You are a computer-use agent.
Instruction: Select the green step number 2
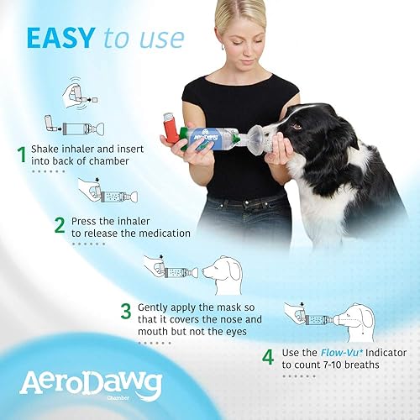pyautogui.click(x=60, y=225)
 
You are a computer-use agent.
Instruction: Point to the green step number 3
pyautogui.click(x=125, y=312)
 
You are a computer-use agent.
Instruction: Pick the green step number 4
pyautogui.click(x=267, y=357)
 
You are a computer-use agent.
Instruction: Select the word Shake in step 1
pyautogui.click(x=50, y=149)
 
